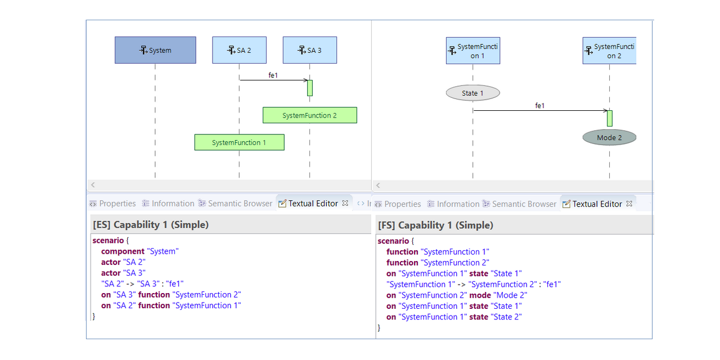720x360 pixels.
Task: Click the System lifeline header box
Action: (x=155, y=50)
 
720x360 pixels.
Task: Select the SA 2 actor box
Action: (x=239, y=50)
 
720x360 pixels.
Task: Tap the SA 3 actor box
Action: (x=309, y=50)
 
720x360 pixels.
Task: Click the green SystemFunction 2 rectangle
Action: (x=309, y=115)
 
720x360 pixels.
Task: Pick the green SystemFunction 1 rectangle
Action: (x=239, y=142)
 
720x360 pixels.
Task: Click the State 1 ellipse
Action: (x=472, y=93)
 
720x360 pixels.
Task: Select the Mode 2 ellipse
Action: (x=609, y=137)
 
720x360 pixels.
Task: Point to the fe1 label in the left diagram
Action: (x=273, y=75)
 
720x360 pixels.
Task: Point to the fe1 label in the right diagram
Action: (x=539, y=105)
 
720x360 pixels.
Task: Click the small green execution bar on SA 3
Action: (x=309, y=88)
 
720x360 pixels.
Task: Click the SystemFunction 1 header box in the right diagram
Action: (x=472, y=51)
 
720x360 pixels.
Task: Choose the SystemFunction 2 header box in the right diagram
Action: (x=609, y=51)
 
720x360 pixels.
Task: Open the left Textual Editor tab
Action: (x=313, y=204)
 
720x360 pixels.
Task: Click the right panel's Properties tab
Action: (x=402, y=204)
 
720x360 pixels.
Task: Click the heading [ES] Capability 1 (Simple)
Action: (x=151, y=224)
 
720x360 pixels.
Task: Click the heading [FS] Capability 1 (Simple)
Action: (x=435, y=225)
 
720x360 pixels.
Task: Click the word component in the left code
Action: (x=123, y=251)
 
